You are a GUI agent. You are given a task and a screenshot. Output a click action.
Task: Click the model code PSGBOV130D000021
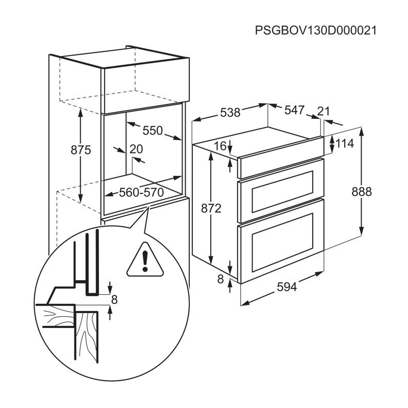click(x=316, y=31)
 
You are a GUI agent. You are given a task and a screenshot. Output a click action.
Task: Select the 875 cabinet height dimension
click(x=81, y=150)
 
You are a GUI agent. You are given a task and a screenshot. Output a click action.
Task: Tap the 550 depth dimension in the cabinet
click(x=152, y=131)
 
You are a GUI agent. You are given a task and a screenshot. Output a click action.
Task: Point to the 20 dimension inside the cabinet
click(x=136, y=149)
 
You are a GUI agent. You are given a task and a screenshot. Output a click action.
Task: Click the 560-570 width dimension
click(x=141, y=193)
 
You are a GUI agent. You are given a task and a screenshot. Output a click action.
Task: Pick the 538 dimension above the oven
click(x=231, y=113)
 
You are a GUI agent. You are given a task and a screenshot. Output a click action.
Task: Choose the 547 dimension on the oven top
click(x=294, y=110)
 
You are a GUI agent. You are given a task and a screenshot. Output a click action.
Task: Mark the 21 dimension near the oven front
click(x=323, y=111)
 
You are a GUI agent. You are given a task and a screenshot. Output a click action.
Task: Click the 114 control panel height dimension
click(x=345, y=143)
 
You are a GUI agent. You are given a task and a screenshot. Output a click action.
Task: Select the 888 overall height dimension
click(x=362, y=192)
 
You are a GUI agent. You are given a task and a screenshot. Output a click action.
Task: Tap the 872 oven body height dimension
click(x=211, y=208)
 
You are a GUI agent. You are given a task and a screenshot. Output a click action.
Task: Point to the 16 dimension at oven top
click(x=220, y=146)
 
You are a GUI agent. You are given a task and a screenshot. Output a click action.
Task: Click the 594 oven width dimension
click(x=287, y=287)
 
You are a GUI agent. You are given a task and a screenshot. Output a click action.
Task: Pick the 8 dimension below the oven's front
click(x=220, y=279)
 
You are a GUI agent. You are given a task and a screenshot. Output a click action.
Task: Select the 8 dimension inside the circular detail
click(x=114, y=300)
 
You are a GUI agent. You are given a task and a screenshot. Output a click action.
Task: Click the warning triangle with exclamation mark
click(x=145, y=260)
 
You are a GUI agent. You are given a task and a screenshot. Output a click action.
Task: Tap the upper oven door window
click(x=283, y=192)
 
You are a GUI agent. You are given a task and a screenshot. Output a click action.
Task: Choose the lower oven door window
click(x=283, y=242)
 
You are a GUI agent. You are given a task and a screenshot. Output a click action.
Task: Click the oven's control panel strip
click(x=280, y=158)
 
